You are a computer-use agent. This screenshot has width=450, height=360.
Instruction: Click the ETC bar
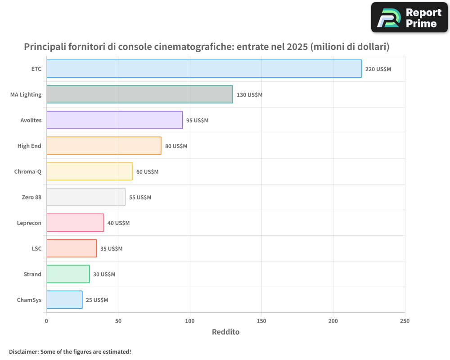(204, 69)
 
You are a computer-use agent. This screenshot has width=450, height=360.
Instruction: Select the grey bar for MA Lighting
(139, 94)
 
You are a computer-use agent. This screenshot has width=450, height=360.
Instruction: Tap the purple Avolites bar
(114, 120)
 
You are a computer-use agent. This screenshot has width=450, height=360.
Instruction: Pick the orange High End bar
(103, 146)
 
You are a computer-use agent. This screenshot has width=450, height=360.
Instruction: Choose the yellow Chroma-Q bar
(89, 171)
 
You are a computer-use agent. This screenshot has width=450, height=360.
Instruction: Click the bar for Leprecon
(75, 223)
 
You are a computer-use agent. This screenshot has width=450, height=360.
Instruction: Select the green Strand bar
(67, 274)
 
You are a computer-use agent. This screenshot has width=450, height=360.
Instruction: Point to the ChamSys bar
(64, 300)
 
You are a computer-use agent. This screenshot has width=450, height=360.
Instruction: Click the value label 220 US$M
(378, 69)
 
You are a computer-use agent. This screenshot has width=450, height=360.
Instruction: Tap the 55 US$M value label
(140, 198)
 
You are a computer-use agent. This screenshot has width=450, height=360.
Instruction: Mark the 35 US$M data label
(111, 249)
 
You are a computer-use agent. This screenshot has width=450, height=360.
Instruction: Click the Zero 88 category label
(31, 197)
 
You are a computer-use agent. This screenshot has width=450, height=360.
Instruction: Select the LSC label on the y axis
(36, 248)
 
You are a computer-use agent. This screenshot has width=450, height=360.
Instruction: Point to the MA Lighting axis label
(26, 94)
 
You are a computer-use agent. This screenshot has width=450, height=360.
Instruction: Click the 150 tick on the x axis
(261, 321)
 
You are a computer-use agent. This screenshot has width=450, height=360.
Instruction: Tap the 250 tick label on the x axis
(405, 321)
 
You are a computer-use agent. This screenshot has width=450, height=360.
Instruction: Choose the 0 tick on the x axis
(46, 321)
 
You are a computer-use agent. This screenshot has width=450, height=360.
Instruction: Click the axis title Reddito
(225, 332)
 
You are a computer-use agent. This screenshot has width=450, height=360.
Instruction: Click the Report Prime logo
(409, 18)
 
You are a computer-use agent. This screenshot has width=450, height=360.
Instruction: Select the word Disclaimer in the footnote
(23, 351)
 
